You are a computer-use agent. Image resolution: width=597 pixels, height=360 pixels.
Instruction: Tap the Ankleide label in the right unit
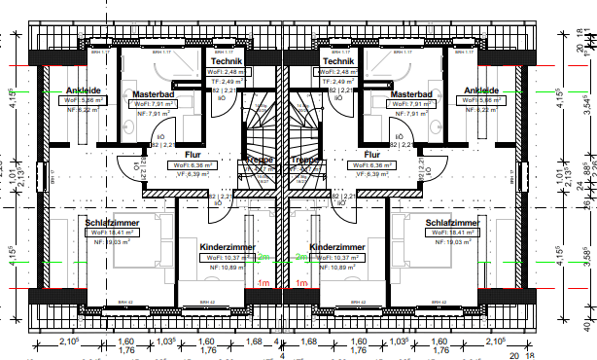click(x=481, y=90)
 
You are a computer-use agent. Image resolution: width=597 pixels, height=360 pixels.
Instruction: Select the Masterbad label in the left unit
click(x=152, y=94)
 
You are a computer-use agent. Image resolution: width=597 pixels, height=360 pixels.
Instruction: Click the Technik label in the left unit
click(x=227, y=60)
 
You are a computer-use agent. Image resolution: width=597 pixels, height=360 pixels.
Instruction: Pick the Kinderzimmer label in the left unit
click(x=228, y=247)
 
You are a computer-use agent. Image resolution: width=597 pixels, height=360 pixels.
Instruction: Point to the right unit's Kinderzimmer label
click(x=337, y=247)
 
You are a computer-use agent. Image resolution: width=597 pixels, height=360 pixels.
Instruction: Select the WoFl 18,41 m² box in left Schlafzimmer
click(x=113, y=233)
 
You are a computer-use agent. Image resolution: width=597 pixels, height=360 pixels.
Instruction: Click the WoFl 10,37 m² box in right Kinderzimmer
click(x=334, y=257)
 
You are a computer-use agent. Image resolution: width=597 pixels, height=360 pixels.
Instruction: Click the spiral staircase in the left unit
click(x=260, y=126)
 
